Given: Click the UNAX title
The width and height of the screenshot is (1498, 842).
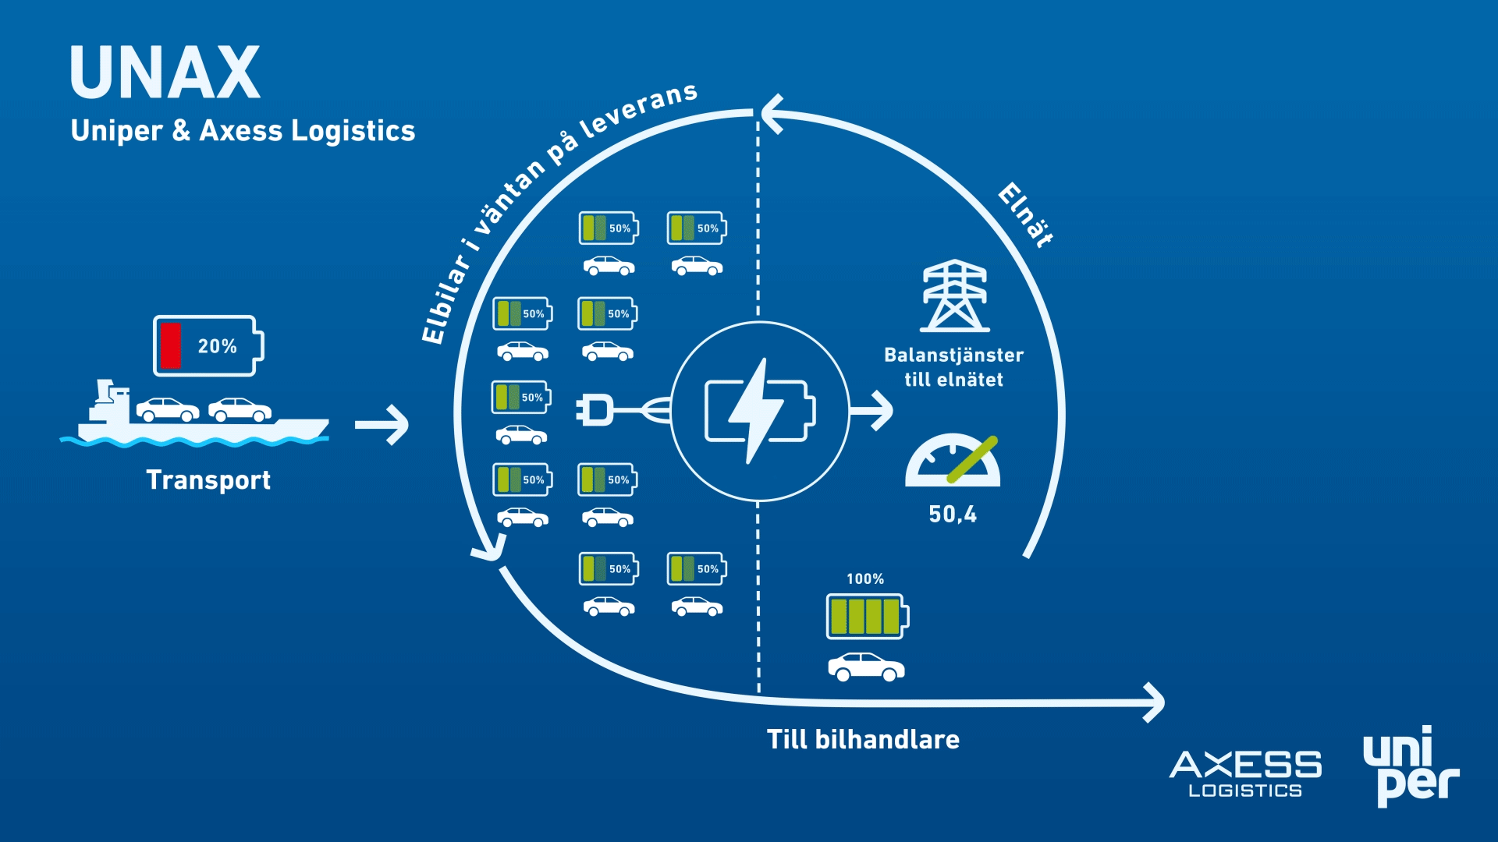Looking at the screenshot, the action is point(165,72).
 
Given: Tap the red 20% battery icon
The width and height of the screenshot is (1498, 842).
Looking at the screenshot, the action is point(208,345).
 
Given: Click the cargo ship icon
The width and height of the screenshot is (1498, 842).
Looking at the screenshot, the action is point(195,413).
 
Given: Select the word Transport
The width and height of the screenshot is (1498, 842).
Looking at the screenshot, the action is point(208,480).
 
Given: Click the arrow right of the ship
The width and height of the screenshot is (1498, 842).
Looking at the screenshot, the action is point(382,425).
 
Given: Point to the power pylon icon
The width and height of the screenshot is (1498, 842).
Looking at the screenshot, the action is point(955,296).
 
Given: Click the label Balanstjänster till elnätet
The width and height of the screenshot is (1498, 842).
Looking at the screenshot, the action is point(954,367).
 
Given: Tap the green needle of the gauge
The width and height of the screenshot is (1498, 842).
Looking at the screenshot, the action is point(972,459).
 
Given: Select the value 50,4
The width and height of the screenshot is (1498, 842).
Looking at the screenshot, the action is point(953,514).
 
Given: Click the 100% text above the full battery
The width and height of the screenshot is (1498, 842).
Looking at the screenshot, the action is point(865,578).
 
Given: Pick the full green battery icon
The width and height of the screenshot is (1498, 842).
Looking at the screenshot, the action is point(868,617).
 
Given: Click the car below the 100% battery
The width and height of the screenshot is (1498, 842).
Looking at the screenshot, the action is point(866,667).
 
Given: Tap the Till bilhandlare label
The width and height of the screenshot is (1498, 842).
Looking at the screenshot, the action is point(863,739).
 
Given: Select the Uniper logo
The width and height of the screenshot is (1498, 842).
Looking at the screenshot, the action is point(1411,766).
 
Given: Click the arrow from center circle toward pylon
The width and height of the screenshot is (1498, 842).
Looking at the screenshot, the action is point(871,410).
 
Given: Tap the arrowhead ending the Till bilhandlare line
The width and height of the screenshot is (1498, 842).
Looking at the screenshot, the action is point(1155,702).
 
